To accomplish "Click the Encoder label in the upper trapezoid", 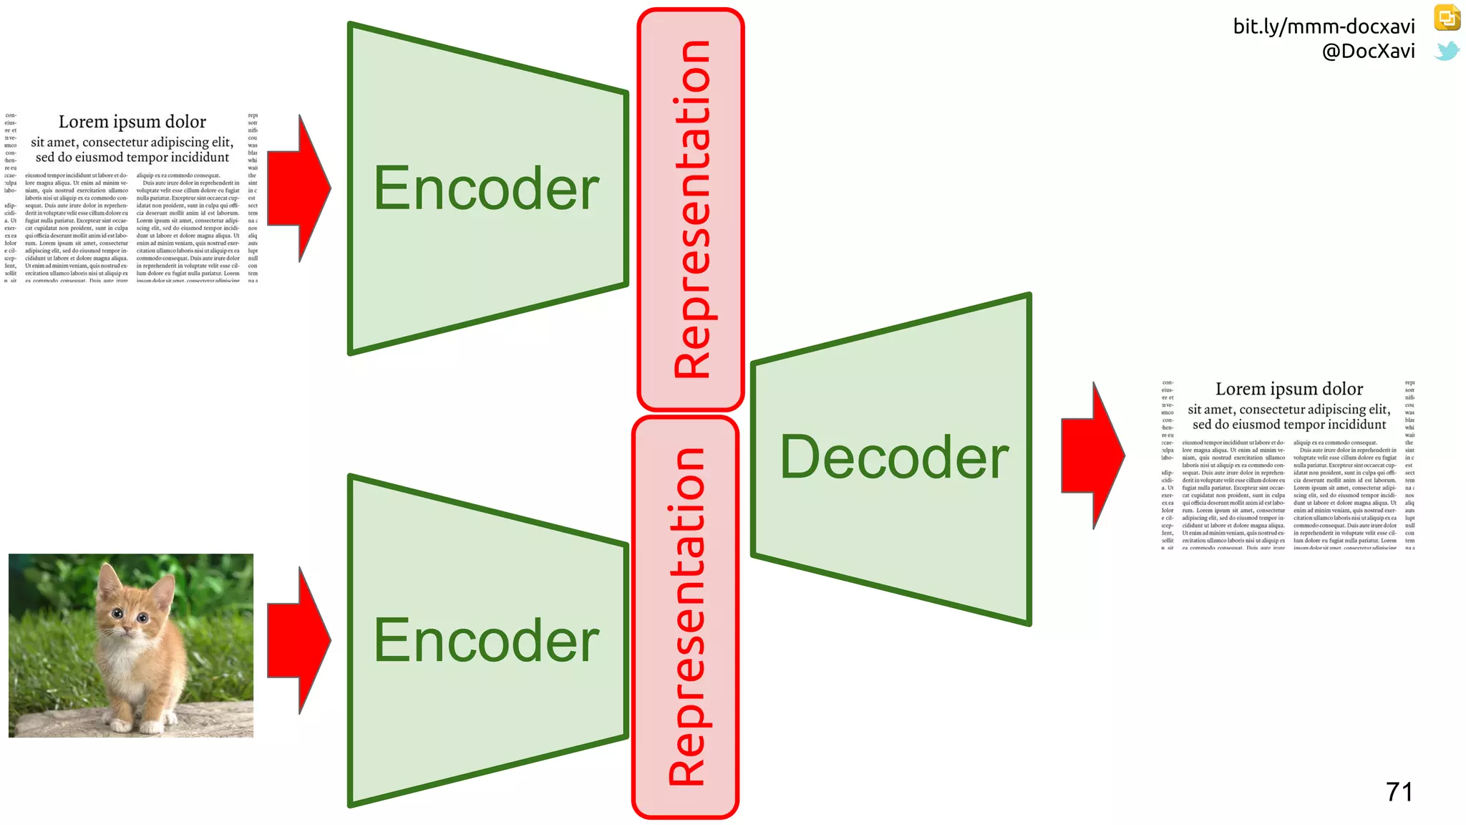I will click(x=486, y=188).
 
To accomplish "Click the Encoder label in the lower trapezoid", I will click(x=486, y=641).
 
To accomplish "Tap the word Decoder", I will click(x=894, y=458).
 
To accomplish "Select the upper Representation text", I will click(x=691, y=209).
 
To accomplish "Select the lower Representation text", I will click(x=686, y=617).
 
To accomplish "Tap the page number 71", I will click(x=1399, y=792).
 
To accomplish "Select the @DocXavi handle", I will click(x=1368, y=51).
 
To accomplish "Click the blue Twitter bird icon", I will click(x=1447, y=51).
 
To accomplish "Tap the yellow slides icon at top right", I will click(x=1447, y=18).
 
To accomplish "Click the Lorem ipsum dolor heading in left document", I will click(x=132, y=122).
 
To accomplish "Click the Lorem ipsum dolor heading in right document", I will click(x=1288, y=389).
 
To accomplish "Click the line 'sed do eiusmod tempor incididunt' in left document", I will click(x=132, y=158).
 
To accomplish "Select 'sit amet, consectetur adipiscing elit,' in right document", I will click(x=1288, y=410).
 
